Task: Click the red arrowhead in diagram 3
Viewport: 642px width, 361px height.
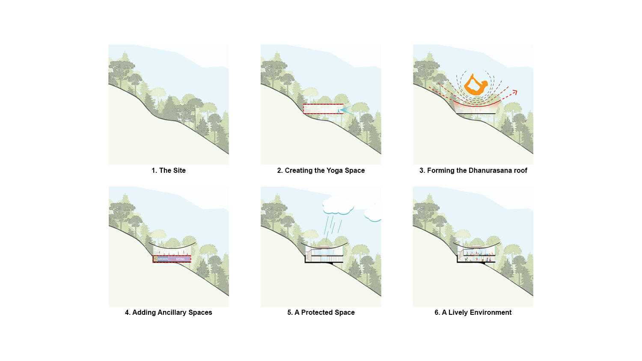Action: (x=515, y=92)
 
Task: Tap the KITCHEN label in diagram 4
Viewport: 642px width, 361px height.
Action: (x=163, y=259)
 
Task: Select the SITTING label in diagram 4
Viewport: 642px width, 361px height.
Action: (x=180, y=259)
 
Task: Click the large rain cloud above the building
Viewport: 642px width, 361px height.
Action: (x=338, y=205)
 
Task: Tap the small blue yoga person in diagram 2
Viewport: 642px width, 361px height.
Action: (x=339, y=111)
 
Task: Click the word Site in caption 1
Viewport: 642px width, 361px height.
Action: (x=179, y=170)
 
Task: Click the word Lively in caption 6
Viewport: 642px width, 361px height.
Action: (x=458, y=312)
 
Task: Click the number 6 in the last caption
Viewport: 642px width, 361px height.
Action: (x=437, y=312)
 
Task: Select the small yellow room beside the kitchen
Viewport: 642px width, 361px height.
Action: (x=155, y=259)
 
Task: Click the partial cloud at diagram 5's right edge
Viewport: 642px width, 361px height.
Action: (x=373, y=213)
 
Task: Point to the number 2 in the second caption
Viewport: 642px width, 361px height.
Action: (x=279, y=170)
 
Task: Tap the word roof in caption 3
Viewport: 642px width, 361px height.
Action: (x=520, y=170)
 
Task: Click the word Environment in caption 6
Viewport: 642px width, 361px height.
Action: (x=490, y=312)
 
